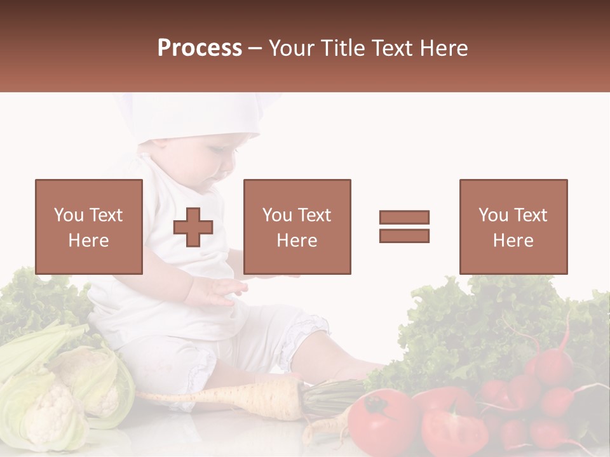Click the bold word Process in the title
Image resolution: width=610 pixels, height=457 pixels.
pos(200,48)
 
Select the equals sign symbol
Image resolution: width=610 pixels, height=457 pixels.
pos(404,227)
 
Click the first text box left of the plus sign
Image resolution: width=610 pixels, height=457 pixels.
pos(88,227)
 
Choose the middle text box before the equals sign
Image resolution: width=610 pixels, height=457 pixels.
pos(297,227)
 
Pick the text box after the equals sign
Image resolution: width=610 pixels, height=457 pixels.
pos(513,227)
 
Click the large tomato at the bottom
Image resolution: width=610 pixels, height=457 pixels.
pos(383,422)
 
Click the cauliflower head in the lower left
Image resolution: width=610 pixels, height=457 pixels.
pos(54,406)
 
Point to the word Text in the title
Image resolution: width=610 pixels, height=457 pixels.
pos(393,48)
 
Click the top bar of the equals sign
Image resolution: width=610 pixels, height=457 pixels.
pos(404,217)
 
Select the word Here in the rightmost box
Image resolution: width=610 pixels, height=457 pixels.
pos(513,241)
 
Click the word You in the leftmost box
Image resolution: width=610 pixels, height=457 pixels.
pos(68,215)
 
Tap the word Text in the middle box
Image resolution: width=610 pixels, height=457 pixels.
pos(315,215)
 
